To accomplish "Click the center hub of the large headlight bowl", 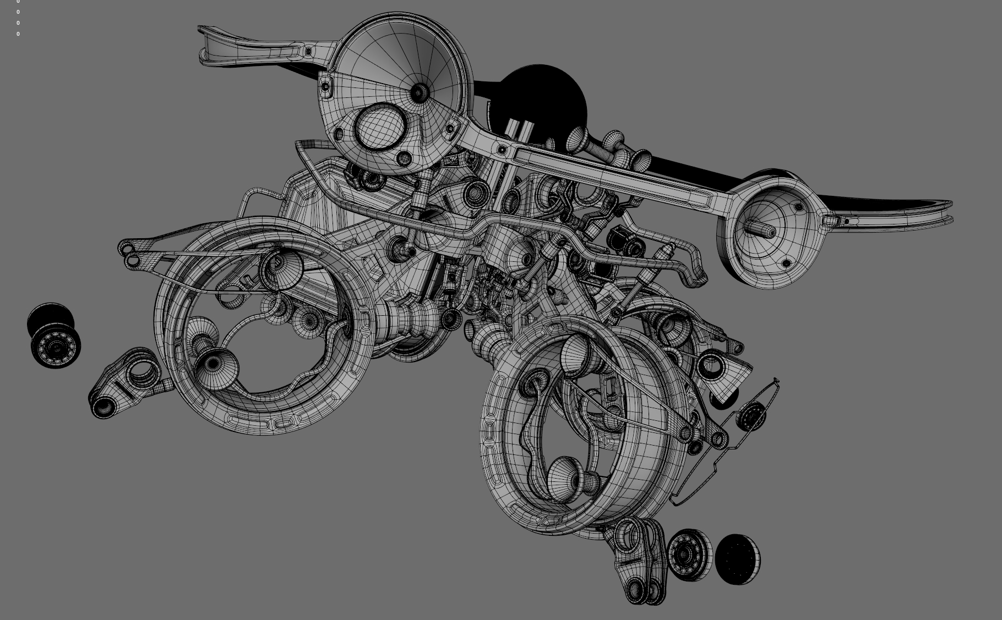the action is coord(420,92).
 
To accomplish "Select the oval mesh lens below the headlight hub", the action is coord(380,126).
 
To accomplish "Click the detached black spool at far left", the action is coord(54,336).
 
